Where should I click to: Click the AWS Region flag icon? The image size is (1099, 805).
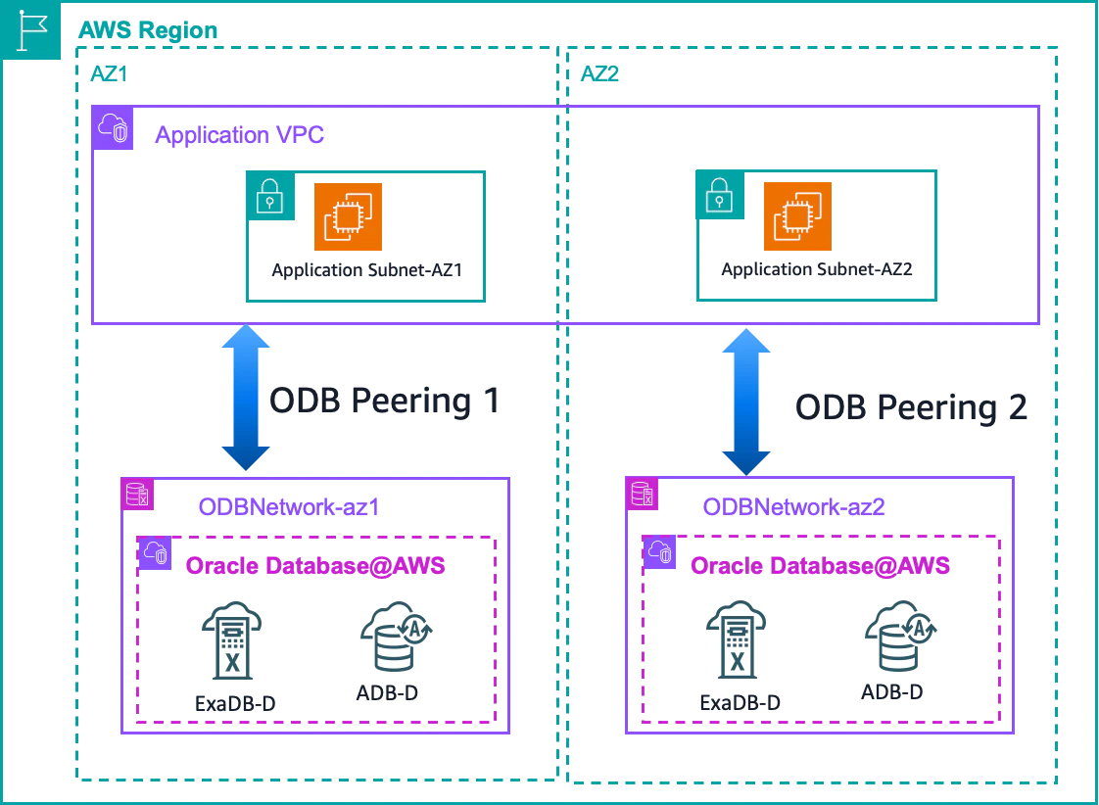click(30, 30)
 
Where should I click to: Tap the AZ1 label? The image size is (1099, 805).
click(110, 73)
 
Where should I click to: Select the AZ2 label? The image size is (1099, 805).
click(600, 73)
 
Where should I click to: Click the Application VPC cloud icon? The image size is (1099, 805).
click(113, 128)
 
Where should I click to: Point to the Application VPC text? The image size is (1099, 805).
click(240, 134)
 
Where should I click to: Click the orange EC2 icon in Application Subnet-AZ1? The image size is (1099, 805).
click(349, 216)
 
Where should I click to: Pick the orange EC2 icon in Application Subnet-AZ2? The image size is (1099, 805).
click(797, 215)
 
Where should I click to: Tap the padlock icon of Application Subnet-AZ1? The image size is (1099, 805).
click(269, 196)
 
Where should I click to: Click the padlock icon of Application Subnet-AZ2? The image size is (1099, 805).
click(720, 195)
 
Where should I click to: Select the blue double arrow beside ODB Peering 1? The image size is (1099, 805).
click(246, 398)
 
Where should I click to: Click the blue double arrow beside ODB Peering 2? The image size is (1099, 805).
click(746, 402)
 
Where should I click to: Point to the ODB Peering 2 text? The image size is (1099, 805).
click(911, 407)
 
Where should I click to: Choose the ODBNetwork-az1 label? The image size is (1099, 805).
click(289, 506)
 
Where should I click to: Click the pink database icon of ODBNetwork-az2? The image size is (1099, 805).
click(642, 494)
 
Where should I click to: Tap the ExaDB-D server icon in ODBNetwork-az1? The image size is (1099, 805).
click(232, 640)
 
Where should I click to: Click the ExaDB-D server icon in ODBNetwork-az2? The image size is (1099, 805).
click(737, 639)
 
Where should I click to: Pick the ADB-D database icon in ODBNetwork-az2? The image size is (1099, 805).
click(901, 636)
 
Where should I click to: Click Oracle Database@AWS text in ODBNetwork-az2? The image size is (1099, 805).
click(820, 565)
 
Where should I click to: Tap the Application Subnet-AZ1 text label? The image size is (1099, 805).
click(367, 270)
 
